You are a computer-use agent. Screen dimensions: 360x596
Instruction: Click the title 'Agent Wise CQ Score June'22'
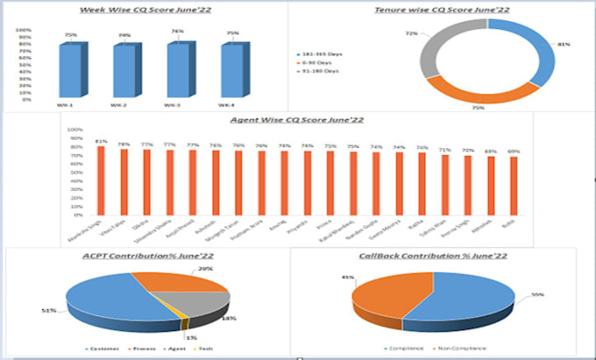pos(297,120)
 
